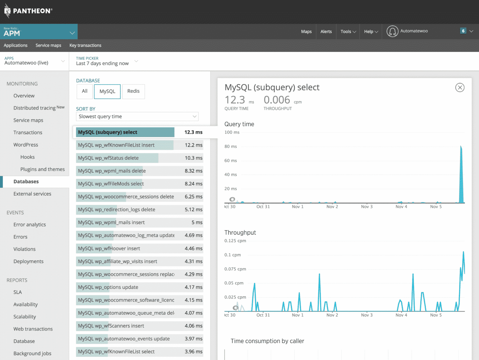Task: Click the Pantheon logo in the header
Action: pyautogui.click(x=28, y=11)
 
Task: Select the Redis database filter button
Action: pyautogui.click(x=133, y=91)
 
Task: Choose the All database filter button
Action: pyautogui.click(x=85, y=91)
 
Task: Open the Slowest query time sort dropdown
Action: pyautogui.click(x=137, y=117)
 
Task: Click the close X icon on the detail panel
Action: pyautogui.click(x=460, y=87)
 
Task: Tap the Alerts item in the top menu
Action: pyautogui.click(x=326, y=31)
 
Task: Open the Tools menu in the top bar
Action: pyautogui.click(x=348, y=31)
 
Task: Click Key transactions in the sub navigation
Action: pyautogui.click(x=85, y=45)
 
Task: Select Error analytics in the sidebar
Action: pyautogui.click(x=29, y=224)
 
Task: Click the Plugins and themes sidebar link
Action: pyautogui.click(x=42, y=169)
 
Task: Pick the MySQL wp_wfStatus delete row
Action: pyautogui.click(x=108, y=158)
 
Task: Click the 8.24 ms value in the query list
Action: pyautogui.click(x=193, y=184)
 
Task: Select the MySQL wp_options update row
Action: pyautogui.click(x=108, y=287)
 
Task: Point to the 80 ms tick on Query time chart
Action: pyautogui.click(x=231, y=146)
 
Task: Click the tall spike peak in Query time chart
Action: pyautogui.click(x=461, y=147)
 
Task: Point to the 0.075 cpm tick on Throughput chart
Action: pyautogui.click(x=235, y=269)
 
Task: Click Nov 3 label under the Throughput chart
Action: pyautogui.click(x=366, y=315)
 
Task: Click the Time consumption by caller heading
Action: pyautogui.click(x=267, y=341)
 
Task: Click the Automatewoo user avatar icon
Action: pyautogui.click(x=392, y=31)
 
